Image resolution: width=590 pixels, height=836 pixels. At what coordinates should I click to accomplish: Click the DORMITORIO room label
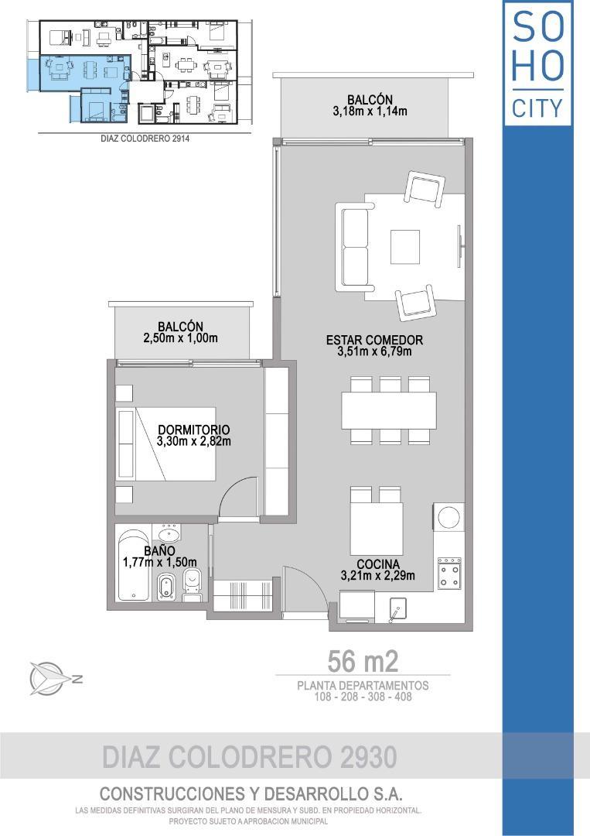194,429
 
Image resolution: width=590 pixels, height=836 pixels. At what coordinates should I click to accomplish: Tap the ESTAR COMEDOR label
374,340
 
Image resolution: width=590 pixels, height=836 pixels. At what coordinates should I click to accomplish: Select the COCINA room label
378,564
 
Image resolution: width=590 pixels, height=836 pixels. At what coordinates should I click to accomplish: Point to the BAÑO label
159,551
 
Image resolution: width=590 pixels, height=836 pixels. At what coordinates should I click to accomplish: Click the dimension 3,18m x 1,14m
370,111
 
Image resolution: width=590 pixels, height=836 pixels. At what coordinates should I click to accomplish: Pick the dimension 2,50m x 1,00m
180,338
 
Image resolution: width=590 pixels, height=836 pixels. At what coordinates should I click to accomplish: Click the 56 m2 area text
363,662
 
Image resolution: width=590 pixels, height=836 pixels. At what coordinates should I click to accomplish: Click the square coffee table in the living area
404,247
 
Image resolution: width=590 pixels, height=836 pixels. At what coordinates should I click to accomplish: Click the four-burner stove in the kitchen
449,573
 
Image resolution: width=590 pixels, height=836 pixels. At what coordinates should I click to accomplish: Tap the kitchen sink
397,608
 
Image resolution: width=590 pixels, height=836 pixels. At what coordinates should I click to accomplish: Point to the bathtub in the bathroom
134,565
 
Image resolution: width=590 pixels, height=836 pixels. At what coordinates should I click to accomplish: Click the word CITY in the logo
537,108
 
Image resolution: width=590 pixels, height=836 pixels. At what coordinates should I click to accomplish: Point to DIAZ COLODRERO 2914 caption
145,139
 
